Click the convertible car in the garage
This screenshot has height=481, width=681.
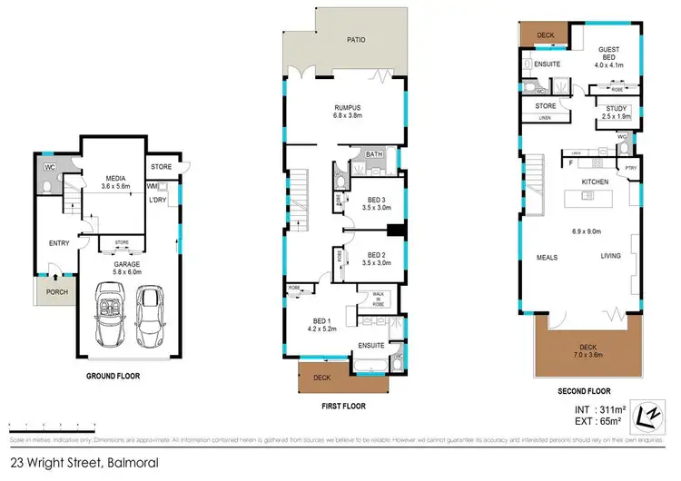point(110,316)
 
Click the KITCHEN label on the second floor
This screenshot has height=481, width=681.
point(595,182)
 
